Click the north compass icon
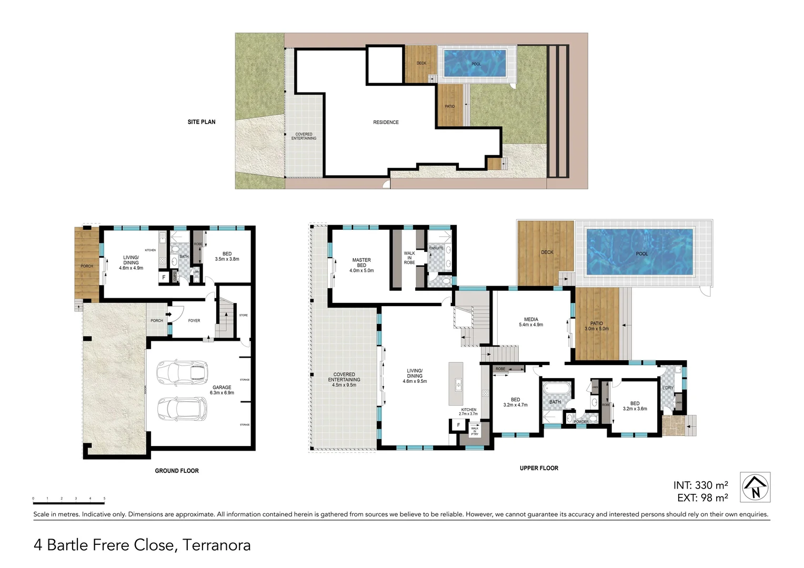click(756, 487)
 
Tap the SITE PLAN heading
click(202, 122)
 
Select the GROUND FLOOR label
click(177, 471)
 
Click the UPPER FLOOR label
click(539, 468)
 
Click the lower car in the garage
click(181, 409)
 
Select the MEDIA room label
click(531, 322)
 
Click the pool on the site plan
click(475, 63)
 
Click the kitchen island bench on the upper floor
click(456, 383)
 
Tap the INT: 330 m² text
click(700, 485)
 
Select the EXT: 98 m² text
click(702, 498)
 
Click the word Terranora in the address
click(216, 545)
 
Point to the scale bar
click(68, 503)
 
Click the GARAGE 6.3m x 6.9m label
click(222, 390)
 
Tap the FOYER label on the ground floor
click(194, 320)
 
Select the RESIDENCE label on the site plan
click(386, 122)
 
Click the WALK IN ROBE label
click(409, 258)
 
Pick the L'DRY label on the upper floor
click(668, 388)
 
